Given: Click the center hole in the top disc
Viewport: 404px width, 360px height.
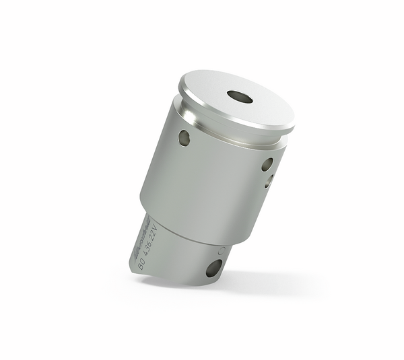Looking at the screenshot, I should click(240, 97).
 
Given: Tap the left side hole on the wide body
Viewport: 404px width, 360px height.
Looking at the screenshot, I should click(184, 138).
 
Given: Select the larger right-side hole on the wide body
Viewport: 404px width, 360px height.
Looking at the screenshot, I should click(267, 164).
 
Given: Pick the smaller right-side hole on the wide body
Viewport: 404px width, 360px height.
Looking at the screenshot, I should click(268, 180).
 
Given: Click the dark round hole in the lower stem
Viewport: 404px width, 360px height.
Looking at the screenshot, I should click(213, 268).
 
